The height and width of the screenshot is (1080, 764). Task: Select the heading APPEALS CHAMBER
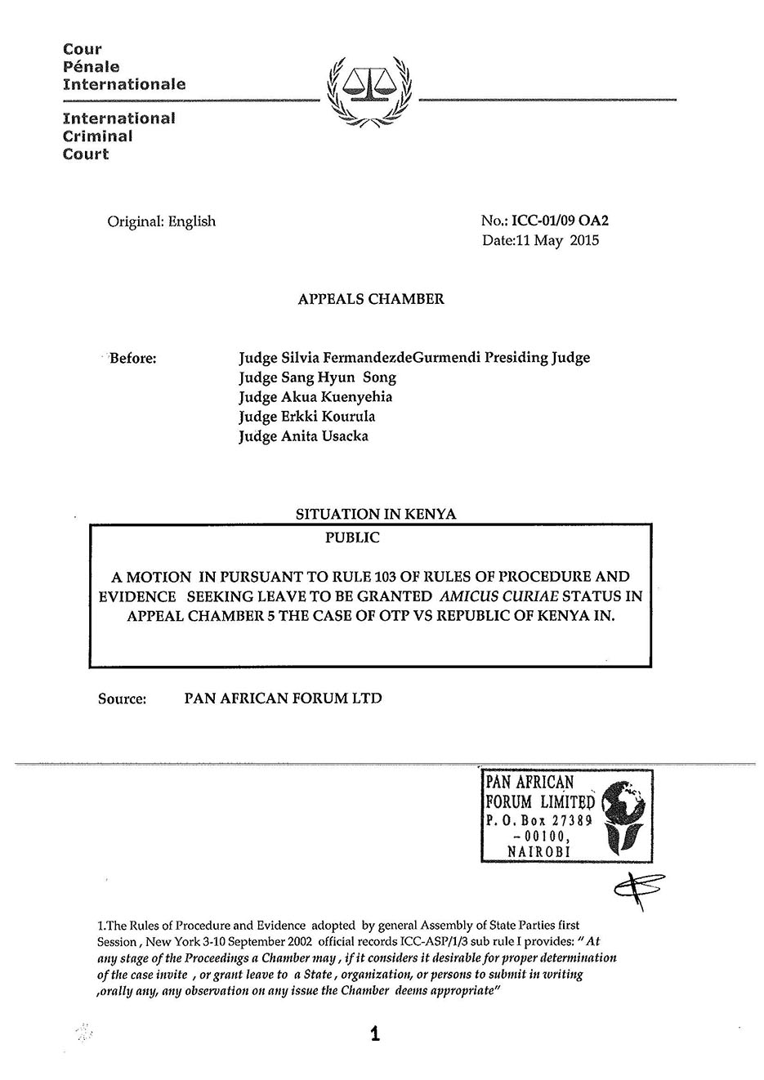click(x=371, y=299)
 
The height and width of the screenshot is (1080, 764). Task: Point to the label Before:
click(x=132, y=358)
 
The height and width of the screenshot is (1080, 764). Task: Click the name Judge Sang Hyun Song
click(x=317, y=377)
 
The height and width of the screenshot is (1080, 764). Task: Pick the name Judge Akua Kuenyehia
click(x=315, y=397)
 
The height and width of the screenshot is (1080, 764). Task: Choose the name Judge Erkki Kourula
click(x=306, y=417)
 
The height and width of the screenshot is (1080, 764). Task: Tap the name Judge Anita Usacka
click(x=303, y=436)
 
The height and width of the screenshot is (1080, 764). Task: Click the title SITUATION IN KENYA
click(x=376, y=515)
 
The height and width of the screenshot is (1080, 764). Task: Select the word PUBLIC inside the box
click(x=352, y=538)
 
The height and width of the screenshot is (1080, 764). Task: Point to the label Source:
click(x=122, y=698)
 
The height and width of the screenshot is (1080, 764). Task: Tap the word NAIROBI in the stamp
click(x=538, y=851)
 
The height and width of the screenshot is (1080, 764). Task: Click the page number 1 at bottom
click(x=374, y=1034)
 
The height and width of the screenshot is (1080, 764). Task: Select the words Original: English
click(x=162, y=221)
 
